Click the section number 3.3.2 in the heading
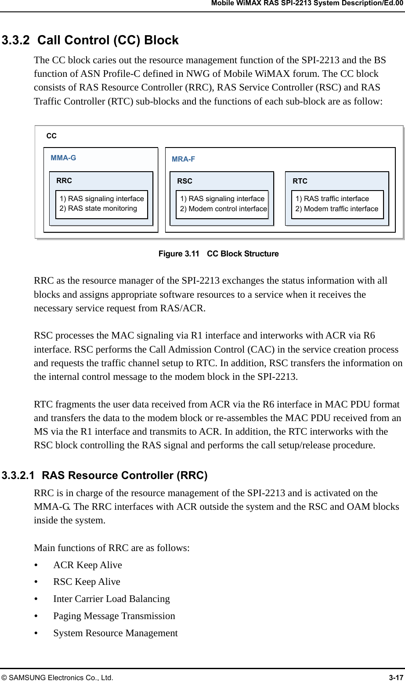click(x=16, y=40)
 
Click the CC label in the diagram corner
click(x=51, y=136)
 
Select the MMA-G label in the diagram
click(x=63, y=158)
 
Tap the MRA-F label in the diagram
click(x=183, y=159)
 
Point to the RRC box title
click(x=64, y=180)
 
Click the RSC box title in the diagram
click(x=184, y=181)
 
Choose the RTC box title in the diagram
click(x=300, y=181)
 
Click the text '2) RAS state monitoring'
click(x=98, y=209)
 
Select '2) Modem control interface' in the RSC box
click(x=224, y=209)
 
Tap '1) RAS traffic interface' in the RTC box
click(x=332, y=199)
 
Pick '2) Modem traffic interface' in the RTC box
click(x=337, y=209)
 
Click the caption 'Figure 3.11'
click(x=179, y=254)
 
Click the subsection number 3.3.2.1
click(x=18, y=476)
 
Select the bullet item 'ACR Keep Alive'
click(x=87, y=565)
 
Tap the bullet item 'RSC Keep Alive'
click(x=87, y=582)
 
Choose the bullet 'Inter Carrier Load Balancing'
click(x=112, y=599)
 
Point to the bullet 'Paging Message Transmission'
click(x=114, y=616)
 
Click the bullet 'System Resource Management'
click(x=116, y=633)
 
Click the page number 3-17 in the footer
click(x=396, y=677)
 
